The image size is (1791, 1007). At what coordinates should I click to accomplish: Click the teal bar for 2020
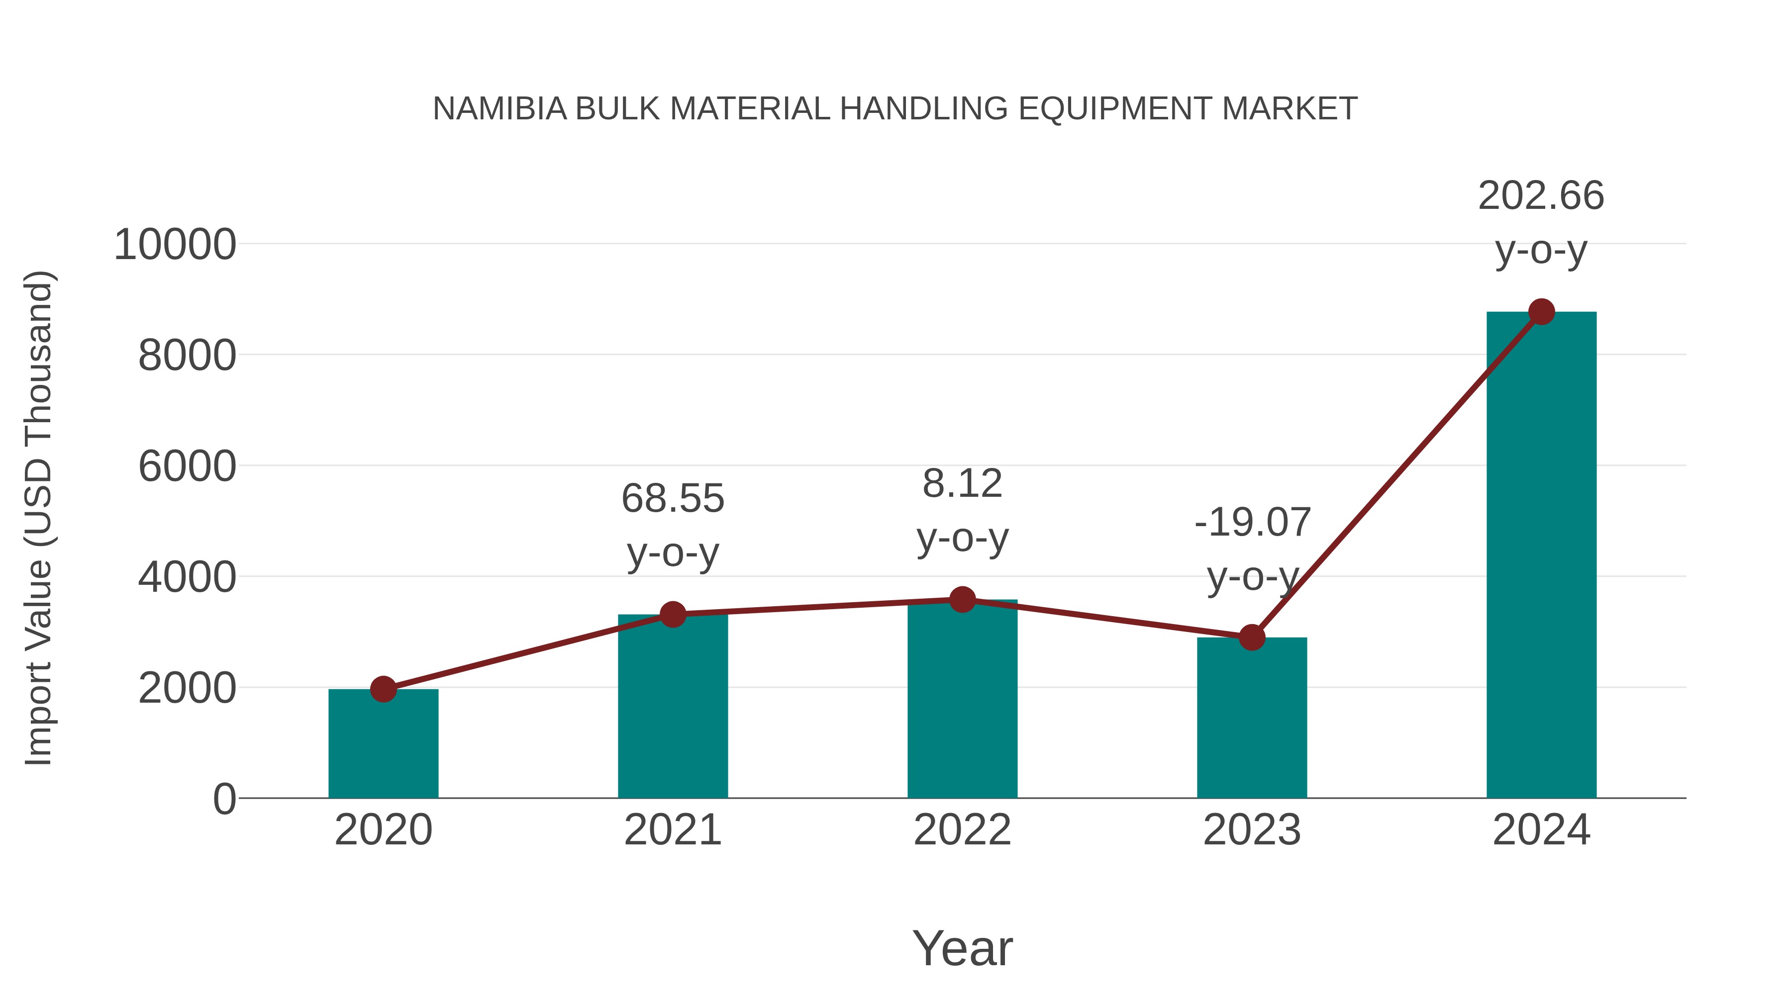(x=383, y=747)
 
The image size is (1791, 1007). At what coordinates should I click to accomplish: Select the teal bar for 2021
(x=672, y=709)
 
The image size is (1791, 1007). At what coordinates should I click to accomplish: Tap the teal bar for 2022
(x=962, y=702)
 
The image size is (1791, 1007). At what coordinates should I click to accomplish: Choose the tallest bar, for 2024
(x=1541, y=556)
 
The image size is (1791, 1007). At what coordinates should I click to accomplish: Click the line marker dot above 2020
(x=383, y=689)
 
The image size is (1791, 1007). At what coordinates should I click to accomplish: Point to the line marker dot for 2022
(x=962, y=599)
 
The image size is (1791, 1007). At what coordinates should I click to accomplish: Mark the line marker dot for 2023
(x=1252, y=637)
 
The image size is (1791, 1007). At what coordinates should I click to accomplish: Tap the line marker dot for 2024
(x=1541, y=312)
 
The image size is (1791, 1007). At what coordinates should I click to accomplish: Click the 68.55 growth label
(x=672, y=499)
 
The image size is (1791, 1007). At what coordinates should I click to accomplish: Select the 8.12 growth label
(x=962, y=484)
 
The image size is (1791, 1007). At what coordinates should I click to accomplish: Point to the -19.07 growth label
(x=1252, y=523)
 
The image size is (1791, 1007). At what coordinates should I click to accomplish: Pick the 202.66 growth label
(x=1541, y=196)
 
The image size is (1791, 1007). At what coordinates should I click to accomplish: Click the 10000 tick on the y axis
(x=175, y=245)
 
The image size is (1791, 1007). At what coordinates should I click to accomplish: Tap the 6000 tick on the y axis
(x=187, y=466)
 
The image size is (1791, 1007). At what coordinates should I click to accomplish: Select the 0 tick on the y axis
(x=224, y=799)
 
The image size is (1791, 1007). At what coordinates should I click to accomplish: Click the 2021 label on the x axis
(x=672, y=830)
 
